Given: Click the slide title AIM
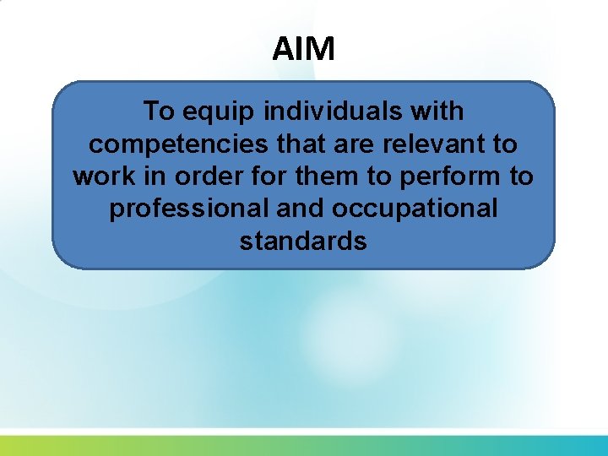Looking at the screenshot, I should [303, 49].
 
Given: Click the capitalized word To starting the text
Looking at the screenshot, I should [158, 111].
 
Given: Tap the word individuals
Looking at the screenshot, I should [331, 111].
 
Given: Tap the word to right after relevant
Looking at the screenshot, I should [505, 144].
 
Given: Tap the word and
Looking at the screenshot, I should [308, 209].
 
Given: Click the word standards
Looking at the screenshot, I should [303, 242].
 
